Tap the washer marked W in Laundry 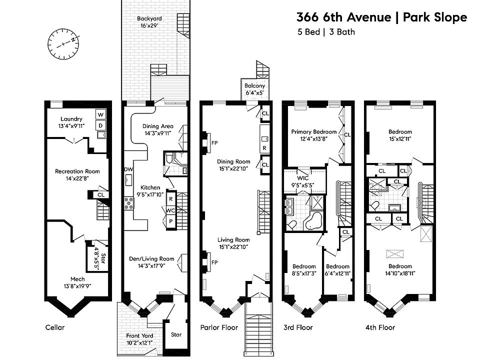[100, 115]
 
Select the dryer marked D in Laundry [100, 125]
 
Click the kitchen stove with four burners [129, 203]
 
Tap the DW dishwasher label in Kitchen [128, 169]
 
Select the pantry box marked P [171, 221]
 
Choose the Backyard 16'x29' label [149, 22]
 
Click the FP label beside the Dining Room [214, 142]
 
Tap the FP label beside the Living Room [214, 262]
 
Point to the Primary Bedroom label [314, 135]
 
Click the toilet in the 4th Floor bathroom [374, 206]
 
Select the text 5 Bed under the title [308, 32]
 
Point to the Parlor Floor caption [219, 327]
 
